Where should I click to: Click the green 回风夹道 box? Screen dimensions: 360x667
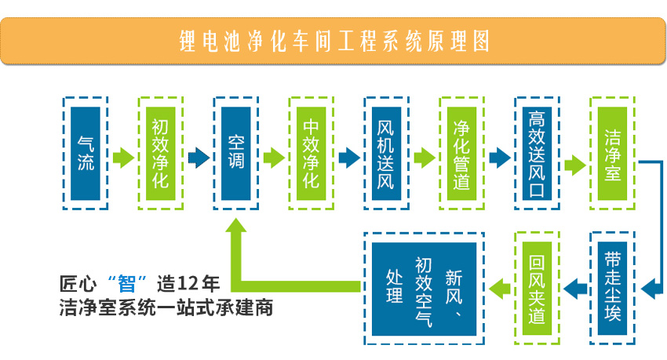click(x=537, y=288)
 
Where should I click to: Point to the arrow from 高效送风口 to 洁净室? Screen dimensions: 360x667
click(x=575, y=164)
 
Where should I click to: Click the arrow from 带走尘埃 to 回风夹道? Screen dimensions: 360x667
click(x=575, y=287)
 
